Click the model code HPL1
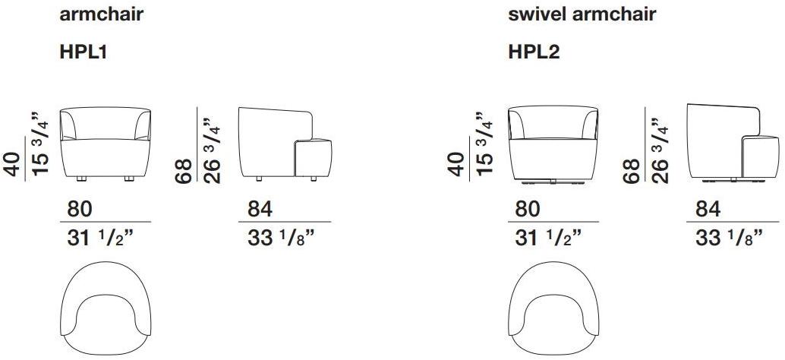pos(84,52)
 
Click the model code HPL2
pos(534,52)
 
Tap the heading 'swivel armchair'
pos(582,14)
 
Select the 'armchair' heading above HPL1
pos(102,14)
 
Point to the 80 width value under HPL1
pos(80,210)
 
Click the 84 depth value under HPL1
pos(260,210)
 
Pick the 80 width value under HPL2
pos(528,210)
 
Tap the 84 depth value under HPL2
pos(708,210)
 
